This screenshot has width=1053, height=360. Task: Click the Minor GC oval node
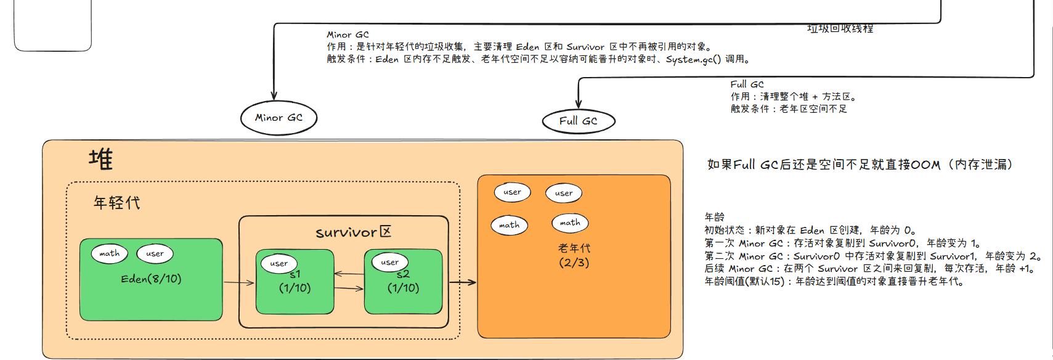(278, 118)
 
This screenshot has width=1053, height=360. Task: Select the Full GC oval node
(578, 121)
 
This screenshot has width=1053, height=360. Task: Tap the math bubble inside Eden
(110, 253)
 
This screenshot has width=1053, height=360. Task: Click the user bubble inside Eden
(155, 253)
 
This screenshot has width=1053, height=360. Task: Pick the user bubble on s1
(278, 263)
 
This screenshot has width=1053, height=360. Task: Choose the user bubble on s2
(389, 262)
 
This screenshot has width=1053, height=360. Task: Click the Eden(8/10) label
(151, 279)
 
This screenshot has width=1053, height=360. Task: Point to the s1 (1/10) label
(295, 282)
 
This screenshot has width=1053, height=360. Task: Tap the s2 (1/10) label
(403, 282)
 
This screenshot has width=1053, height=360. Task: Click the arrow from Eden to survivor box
(238, 282)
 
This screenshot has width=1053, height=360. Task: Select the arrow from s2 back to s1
(349, 274)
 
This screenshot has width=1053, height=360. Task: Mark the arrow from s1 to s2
(349, 288)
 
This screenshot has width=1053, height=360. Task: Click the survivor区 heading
(353, 232)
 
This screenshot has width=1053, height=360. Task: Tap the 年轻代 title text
(116, 203)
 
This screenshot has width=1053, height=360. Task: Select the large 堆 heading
(100, 160)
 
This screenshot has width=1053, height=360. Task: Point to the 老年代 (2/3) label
(574, 255)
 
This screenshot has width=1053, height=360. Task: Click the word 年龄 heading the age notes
(714, 217)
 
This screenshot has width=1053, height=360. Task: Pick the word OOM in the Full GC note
(925, 165)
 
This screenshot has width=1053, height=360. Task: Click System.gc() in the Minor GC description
(693, 59)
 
